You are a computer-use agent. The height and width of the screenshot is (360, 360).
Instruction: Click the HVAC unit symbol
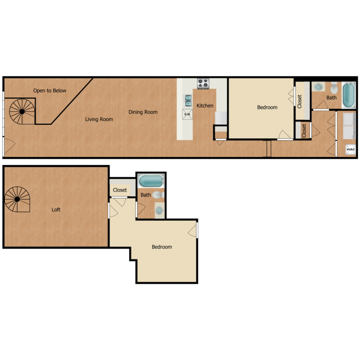pyautogui.click(x=350, y=149)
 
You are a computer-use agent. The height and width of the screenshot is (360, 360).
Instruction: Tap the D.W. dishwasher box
pyautogui.click(x=187, y=114)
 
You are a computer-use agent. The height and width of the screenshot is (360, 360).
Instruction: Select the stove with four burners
pyautogui.click(x=203, y=84)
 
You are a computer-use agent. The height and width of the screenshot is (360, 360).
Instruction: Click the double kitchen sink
pyautogui.click(x=188, y=101)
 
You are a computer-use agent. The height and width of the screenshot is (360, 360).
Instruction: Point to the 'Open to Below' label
pyautogui.click(x=50, y=90)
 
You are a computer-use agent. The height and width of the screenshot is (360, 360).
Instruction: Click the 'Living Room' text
pyautogui.click(x=99, y=119)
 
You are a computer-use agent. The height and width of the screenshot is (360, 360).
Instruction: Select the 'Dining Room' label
pyautogui.click(x=143, y=112)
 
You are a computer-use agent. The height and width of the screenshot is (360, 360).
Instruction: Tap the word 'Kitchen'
pyautogui.click(x=205, y=106)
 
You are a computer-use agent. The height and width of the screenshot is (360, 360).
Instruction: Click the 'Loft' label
pyautogui.click(x=56, y=209)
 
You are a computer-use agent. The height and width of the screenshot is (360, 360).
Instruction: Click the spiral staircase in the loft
pyautogui.click(x=17, y=199)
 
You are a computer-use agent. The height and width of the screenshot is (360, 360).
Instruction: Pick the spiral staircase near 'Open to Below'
pyautogui.click(x=22, y=111)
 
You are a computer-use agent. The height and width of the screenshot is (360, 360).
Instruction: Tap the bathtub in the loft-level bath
pyautogui.click(x=151, y=180)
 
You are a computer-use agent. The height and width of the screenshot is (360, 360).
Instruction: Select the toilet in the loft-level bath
pyautogui.click(x=158, y=195)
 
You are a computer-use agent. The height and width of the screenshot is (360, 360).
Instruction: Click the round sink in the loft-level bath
pyautogui.click(x=159, y=210)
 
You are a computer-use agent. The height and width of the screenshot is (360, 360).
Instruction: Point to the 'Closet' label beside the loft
pyautogui.click(x=120, y=190)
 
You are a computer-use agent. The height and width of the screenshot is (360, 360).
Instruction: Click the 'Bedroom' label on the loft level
pyautogui.click(x=162, y=247)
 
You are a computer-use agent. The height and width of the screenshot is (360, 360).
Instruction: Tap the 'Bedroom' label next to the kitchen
pyautogui.click(x=267, y=107)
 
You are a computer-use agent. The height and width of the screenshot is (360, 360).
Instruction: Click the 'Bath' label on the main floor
pyautogui.click(x=332, y=97)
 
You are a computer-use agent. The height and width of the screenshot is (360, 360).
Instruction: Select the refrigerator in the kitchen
pyautogui.click(x=221, y=118)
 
